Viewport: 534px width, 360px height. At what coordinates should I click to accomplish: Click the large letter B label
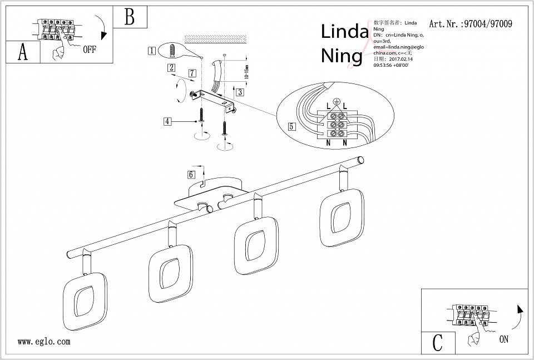tap(129, 17)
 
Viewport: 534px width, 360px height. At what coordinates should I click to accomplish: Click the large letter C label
tap(438, 342)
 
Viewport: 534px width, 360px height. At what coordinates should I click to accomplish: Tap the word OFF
tap(89, 50)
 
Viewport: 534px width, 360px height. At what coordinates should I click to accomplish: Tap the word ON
tap(504, 339)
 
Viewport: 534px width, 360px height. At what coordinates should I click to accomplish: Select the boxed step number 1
tap(151, 51)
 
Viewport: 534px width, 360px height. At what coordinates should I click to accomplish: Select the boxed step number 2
tap(172, 68)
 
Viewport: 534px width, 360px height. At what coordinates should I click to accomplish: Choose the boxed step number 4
tap(167, 120)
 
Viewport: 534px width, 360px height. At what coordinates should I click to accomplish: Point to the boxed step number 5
tap(291, 126)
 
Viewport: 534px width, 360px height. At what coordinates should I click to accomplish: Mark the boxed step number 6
tap(191, 174)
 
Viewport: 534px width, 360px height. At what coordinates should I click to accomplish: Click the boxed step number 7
tap(192, 73)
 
